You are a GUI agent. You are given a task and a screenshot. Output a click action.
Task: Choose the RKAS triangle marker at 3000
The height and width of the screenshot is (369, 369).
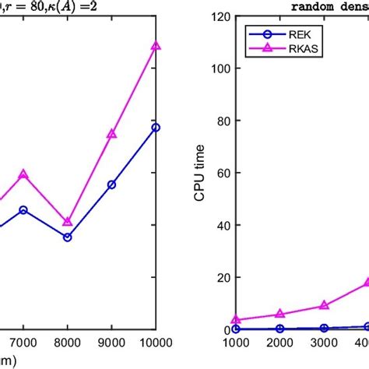324,306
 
